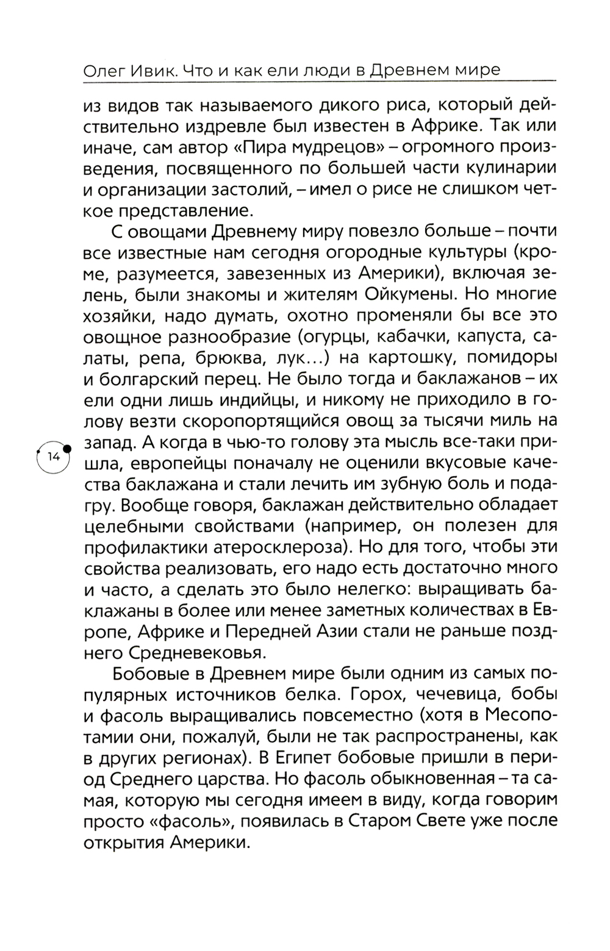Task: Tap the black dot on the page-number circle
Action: coord(66,448)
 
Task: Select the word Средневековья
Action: coord(197,652)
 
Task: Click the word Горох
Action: coord(364,694)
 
